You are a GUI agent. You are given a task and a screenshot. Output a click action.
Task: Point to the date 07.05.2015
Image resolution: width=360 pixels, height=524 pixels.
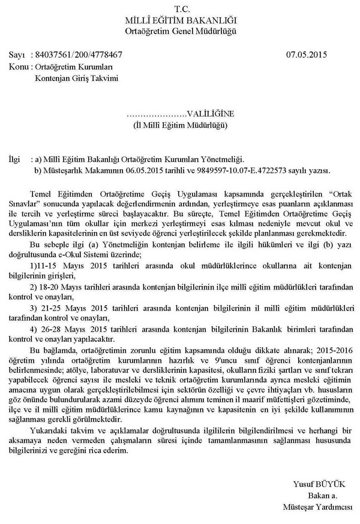point(307,55)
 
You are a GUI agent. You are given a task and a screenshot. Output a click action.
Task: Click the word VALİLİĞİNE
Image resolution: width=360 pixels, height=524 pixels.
point(208,113)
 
